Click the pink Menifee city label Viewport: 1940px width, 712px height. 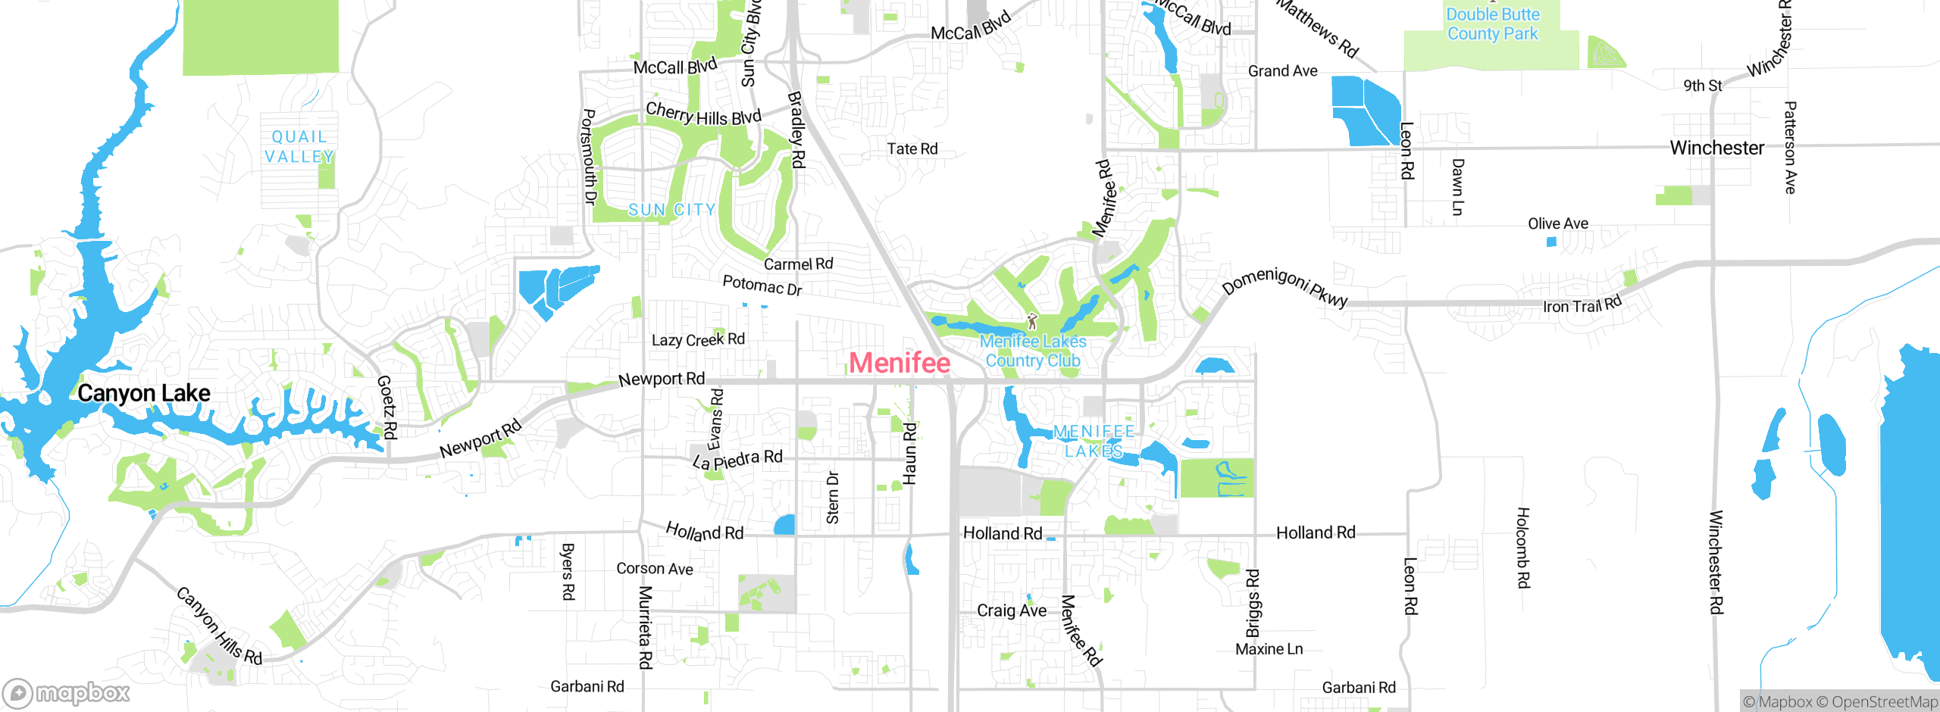(900, 363)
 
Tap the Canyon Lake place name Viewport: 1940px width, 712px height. (144, 393)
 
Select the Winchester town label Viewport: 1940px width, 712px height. (1716, 148)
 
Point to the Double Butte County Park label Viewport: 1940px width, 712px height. (1492, 24)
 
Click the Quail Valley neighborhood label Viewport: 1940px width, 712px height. (299, 147)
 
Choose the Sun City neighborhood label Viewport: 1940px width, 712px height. (671, 210)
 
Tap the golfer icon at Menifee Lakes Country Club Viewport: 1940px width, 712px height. (1031, 321)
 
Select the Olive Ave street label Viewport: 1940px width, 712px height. (1557, 223)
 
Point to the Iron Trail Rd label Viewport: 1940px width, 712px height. (1582, 304)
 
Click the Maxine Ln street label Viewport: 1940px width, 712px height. (1269, 649)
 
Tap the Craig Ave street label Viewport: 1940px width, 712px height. (1011, 611)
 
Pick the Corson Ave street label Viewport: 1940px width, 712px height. (654, 568)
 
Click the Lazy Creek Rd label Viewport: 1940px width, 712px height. (698, 339)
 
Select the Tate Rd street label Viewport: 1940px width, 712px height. (912, 148)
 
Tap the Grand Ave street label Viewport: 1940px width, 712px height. (1282, 71)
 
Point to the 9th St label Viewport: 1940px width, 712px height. (1702, 86)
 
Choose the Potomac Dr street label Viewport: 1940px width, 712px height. (762, 285)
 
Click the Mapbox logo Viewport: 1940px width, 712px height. (67, 692)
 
